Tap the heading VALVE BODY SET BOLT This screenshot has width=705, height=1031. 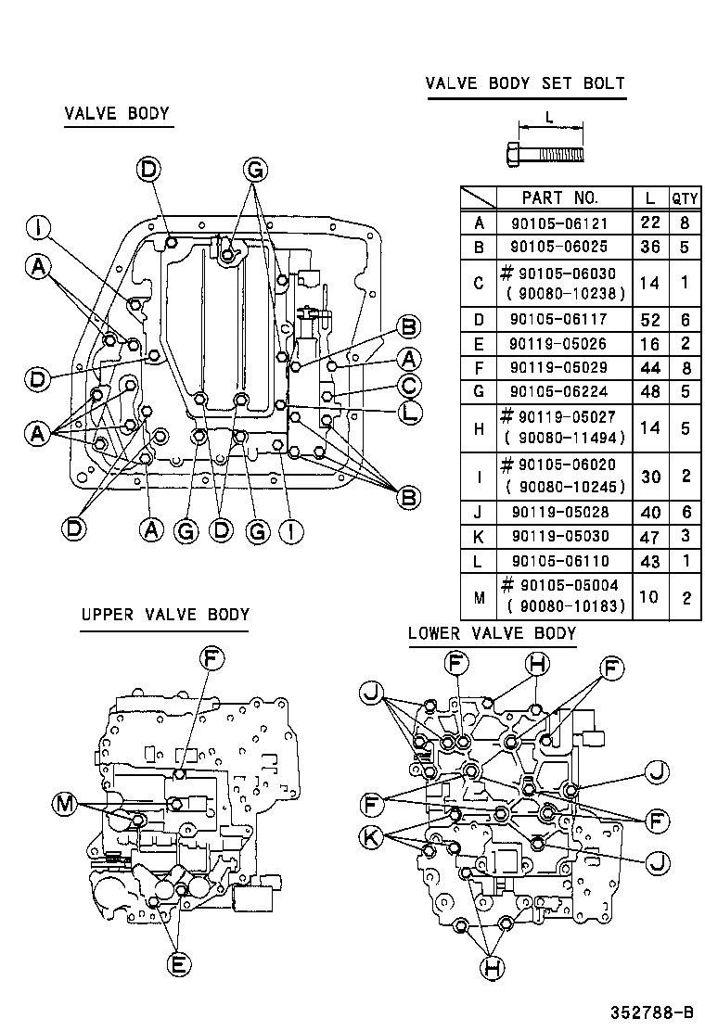coord(525,83)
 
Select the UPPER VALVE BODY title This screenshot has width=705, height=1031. coord(164,614)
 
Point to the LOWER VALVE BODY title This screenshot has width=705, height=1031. coord(492,633)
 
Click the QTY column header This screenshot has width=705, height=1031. coord(685,198)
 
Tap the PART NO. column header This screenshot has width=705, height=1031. coord(560,197)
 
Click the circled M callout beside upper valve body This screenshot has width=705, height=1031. coord(64,804)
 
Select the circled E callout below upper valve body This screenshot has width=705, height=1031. coord(178,964)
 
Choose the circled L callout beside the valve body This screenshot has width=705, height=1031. coord(409,413)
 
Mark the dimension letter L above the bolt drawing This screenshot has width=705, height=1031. coord(549,117)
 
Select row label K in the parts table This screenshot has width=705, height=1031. coord(479,537)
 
